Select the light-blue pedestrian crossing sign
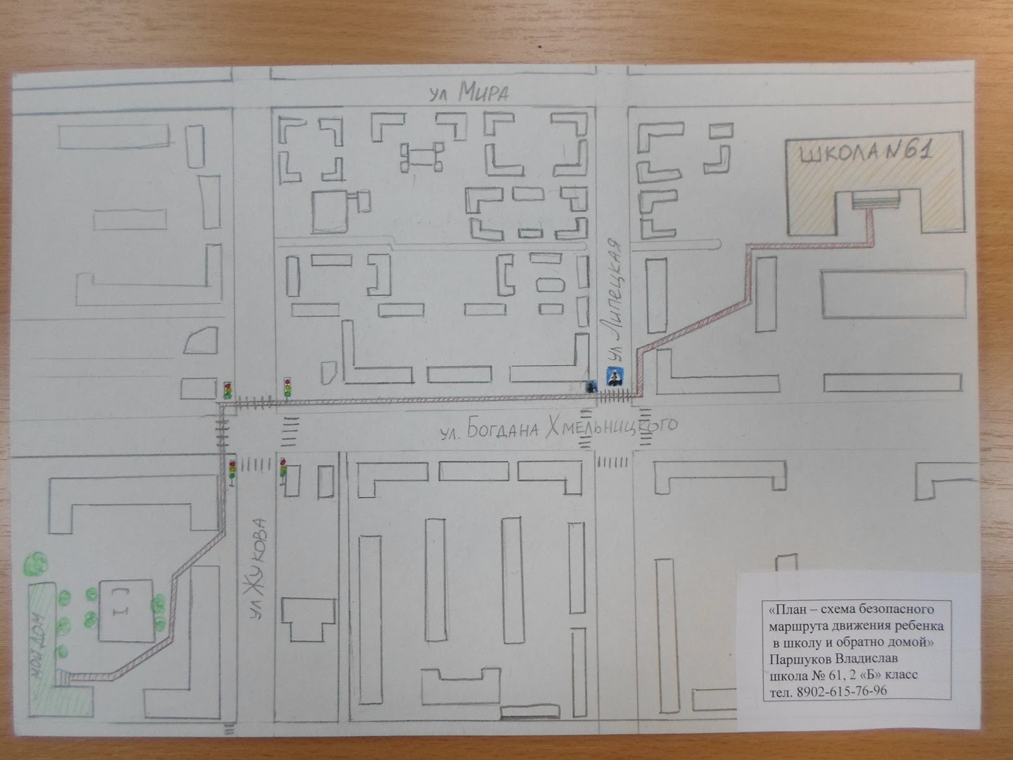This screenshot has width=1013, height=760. click(x=613, y=377)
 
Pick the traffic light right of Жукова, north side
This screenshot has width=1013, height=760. click(x=287, y=386)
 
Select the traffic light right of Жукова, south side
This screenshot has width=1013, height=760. click(x=284, y=469)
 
